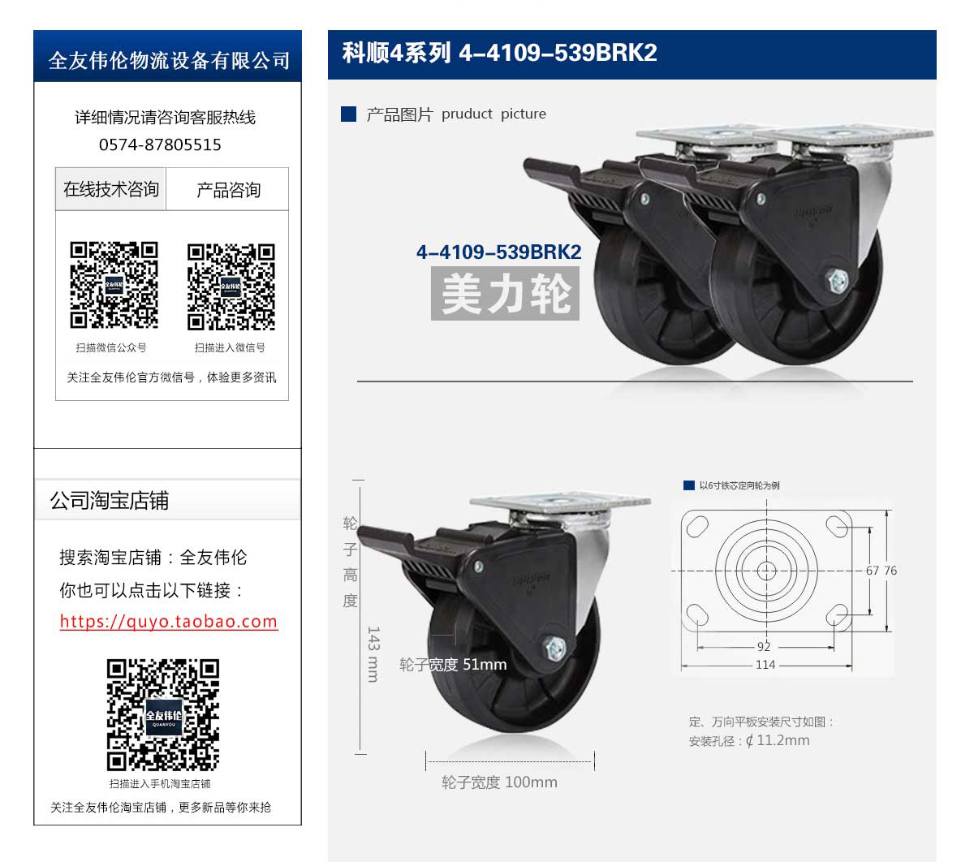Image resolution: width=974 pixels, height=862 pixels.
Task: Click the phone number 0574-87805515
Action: pyautogui.click(x=160, y=144)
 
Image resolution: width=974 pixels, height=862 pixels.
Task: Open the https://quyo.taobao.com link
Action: pyautogui.click(x=169, y=621)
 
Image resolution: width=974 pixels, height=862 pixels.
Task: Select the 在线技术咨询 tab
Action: pyautogui.click(x=110, y=189)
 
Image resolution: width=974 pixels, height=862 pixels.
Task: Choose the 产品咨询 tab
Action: pyautogui.click(x=228, y=189)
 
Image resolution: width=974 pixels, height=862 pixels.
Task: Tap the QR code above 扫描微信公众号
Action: pyautogui.click(x=114, y=285)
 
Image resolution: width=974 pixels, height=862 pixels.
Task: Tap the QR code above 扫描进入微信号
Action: pyautogui.click(x=231, y=287)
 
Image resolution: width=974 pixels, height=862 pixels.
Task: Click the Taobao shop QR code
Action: pyautogui.click(x=163, y=715)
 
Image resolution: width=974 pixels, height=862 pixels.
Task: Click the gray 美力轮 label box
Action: pyautogui.click(x=505, y=293)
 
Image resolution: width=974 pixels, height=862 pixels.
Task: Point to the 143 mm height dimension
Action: pyautogui.click(x=373, y=654)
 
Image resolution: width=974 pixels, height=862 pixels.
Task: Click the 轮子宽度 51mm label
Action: pyautogui.click(x=453, y=665)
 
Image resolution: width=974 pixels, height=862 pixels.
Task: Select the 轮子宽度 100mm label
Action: pyautogui.click(x=499, y=782)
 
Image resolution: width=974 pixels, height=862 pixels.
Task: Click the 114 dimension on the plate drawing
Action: pyautogui.click(x=765, y=665)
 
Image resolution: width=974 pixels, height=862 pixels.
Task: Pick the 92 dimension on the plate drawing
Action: pyautogui.click(x=764, y=647)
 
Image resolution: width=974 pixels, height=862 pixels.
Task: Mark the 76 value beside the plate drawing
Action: pyautogui.click(x=890, y=570)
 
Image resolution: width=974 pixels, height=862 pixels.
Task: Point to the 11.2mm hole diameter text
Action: pyautogui.click(x=782, y=740)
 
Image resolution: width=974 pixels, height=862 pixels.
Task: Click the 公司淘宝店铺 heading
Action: pyautogui.click(x=109, y=500)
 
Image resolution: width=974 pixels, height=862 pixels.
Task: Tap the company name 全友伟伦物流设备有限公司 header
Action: pyautogui.click(x=169, y=61)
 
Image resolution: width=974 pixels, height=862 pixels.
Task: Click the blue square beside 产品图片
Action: pyautogui.click(x=348, y=114)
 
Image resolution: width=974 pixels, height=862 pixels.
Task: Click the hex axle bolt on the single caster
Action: pyautogui.click(x=555, y=648)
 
